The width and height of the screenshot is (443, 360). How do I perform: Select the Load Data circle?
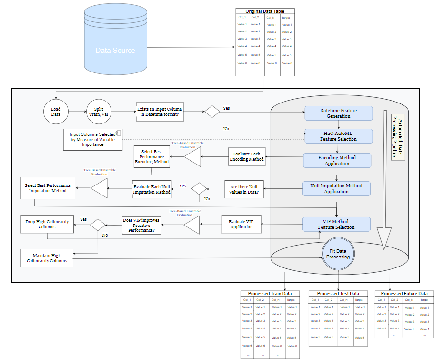coord(56,112)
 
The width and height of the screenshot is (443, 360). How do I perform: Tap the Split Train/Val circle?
coord(99,112)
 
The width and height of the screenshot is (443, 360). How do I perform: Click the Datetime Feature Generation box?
coord(337,113)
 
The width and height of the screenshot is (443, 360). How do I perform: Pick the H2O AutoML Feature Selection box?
coord(337,135)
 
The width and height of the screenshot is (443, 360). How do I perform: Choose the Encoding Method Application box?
coord(337,160)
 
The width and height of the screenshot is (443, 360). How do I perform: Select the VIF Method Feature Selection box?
coord(336,224)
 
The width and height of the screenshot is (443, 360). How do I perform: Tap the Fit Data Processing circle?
coord(338,254)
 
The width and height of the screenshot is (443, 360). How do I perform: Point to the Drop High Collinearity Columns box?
coord(47,224)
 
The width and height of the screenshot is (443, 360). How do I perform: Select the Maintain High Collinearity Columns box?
coord(47,257)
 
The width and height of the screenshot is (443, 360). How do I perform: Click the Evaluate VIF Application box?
coord(242,224)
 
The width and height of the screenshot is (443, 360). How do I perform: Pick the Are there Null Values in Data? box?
coord(244,189)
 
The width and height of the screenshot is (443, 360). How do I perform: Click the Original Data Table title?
coord(265,11)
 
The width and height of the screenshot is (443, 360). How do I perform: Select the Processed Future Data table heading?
coord(404,293)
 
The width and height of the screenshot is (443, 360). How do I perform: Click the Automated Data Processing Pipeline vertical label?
coord(398,137)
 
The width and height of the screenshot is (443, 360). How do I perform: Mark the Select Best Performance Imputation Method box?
coord(47,188)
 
